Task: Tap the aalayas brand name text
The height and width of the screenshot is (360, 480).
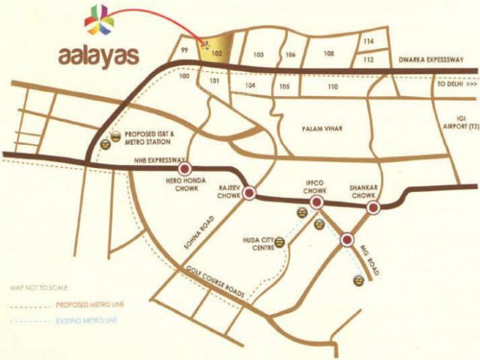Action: pyautogui.click(x=99, y=56)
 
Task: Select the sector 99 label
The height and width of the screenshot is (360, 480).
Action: pyautogui.click(x=184, y=50)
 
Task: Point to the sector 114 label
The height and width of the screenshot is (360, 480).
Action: pyautogui.click(x=369, y=42)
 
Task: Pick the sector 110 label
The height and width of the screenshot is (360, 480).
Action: pyautogui.click(x=332, y=87)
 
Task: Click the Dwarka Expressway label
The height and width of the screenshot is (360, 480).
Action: pyautogui.click(x=431, y=60)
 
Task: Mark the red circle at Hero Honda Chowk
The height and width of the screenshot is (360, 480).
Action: pyautogui.click(x=185, y=169)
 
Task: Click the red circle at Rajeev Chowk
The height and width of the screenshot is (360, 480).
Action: pyautogui.click(x=250, y=194)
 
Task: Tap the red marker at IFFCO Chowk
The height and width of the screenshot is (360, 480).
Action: pyautogui.click(x=316, y=203)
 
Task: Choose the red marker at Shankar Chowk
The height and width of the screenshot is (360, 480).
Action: pyautogui.click(x=373, y=207)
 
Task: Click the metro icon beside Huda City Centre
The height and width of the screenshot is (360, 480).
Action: pyautogui.click(x=280, y=242)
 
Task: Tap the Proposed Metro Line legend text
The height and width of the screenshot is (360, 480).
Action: pyautogui.click(x=90, y=305)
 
